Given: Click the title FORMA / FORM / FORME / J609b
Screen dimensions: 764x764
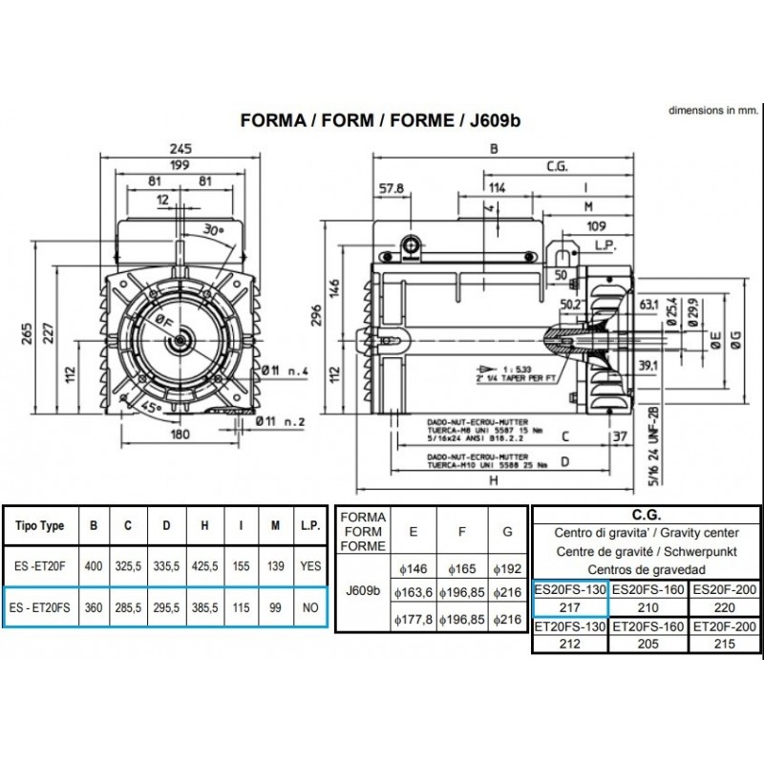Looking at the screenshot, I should [381, 121].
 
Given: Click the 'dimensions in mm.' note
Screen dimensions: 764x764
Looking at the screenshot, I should [711, 111].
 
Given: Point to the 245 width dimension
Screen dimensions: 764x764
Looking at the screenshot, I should [180, 148].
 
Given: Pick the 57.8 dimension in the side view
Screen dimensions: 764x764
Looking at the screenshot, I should [392, 188].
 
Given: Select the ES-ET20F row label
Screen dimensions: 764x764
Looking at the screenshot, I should [39, 566].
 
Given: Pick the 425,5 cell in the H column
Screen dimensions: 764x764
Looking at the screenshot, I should [202, 566].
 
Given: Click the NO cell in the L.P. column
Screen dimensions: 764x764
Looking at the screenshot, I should [309, 606].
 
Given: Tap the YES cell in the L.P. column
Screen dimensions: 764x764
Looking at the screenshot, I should [309, 566].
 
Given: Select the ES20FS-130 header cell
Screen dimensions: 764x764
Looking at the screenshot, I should [569, 589].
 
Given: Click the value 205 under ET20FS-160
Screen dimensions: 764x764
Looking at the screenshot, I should [647, 644].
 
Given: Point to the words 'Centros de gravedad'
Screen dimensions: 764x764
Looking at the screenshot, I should [647, 570].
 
